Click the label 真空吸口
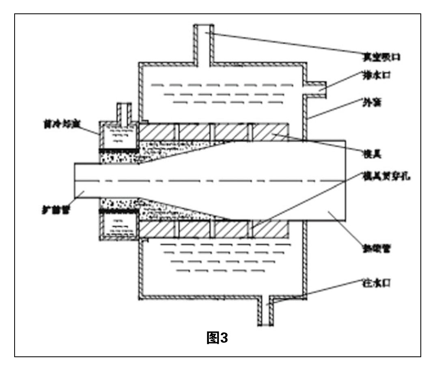coord(381,56)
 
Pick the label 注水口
coord(375,281)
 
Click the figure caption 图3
coord(217,338)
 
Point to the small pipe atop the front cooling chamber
coord(122,112)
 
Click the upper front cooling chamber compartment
coord(118,136)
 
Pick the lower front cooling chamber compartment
coord(118,226)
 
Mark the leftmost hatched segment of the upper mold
coord(158,132)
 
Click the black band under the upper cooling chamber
coord(118,150)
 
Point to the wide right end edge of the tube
coord(345,180)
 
